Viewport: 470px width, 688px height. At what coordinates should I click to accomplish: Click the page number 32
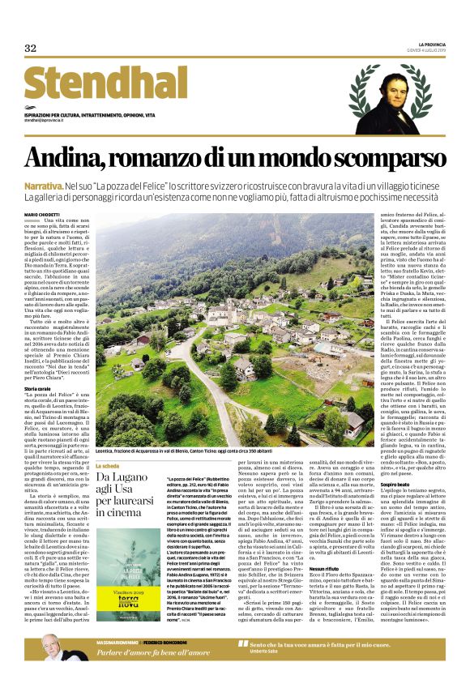(31, 48)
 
